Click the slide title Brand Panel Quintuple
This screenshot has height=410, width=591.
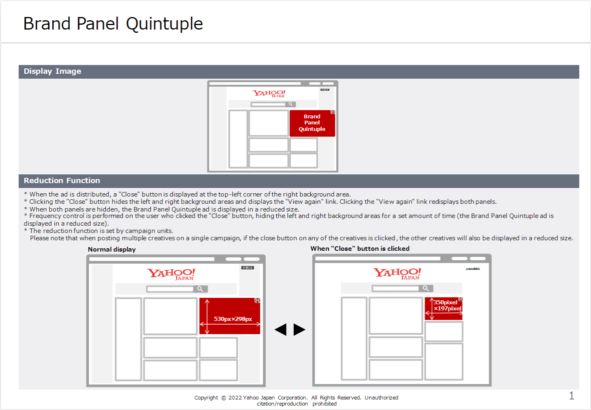click(113, 23)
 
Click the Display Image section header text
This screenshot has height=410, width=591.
click(52, 71)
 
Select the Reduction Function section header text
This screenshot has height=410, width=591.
click(62, 181)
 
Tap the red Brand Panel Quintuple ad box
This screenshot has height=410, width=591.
click(312, 123)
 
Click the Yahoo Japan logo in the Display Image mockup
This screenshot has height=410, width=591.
click(269, 94)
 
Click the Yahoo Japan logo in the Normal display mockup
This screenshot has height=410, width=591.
click(171, 274)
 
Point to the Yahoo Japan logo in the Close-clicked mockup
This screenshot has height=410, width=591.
click(397, 273)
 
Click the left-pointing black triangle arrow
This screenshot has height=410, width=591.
click(281, 329)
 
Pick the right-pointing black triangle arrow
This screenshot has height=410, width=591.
click(299, 329)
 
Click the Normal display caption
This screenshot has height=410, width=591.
click(112, 250)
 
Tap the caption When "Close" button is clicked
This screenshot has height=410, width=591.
click(360, 249)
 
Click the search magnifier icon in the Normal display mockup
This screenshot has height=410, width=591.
click(200, 289)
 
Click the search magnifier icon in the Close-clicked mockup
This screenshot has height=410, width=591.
click(425, 288)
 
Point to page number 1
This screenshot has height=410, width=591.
click(571, 396)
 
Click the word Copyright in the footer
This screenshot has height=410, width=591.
click(206, 398)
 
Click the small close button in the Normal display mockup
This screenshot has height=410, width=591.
click(247, 268)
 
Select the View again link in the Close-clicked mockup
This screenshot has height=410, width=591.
click(473, 269)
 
